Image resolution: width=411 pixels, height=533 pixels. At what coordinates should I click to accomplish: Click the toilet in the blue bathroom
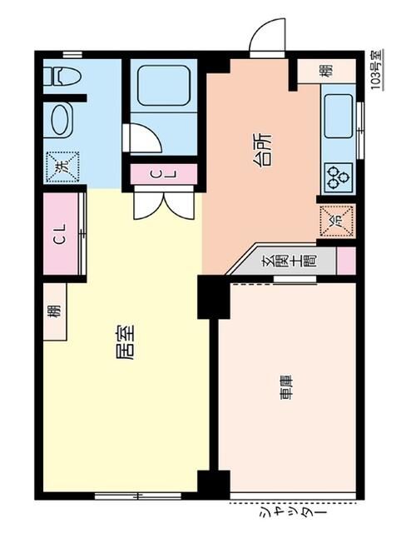(x=64, y=77)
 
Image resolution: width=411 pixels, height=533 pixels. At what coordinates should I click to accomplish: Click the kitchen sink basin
(x=339, y=117)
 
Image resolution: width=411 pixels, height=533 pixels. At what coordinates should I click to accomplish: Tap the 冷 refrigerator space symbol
(x=337, y=222)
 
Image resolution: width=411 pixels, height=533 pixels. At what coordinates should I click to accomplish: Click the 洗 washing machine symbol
(x=60, y=165)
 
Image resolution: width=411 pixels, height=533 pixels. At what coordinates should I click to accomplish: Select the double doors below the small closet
(x=163, y=203)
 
